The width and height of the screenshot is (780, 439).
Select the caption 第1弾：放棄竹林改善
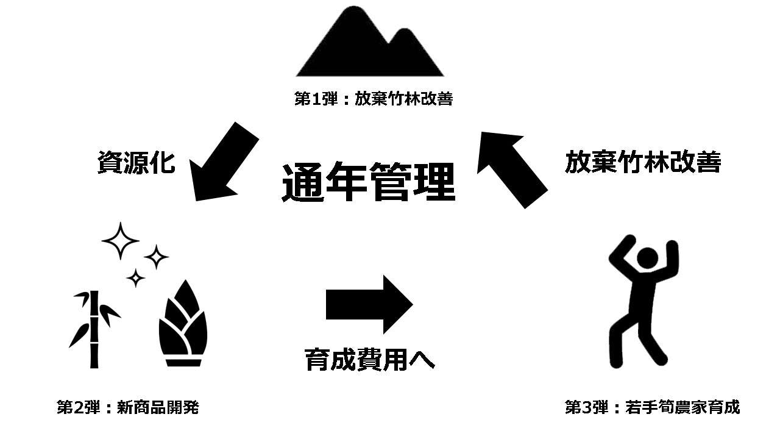click(374, 99)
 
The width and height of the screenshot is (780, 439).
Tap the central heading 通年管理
click(368, 182)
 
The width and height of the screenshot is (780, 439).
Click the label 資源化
click(136, 163)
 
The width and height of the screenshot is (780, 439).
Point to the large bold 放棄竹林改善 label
click(642, 163)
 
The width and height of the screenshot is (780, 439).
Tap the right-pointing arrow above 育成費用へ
click(369, 304)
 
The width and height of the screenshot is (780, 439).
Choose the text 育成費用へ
click(369, 359)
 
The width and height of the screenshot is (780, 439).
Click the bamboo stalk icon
click(93, 329)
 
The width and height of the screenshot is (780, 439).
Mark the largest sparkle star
click(120, 241)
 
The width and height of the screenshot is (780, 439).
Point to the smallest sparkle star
click(135, 279)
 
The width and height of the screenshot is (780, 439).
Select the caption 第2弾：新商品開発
click(128, 407)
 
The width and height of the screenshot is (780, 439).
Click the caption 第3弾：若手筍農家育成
click(652, 407)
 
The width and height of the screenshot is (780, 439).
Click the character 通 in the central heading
click(303, 182)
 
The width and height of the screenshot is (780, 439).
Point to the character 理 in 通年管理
click(434, 182)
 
